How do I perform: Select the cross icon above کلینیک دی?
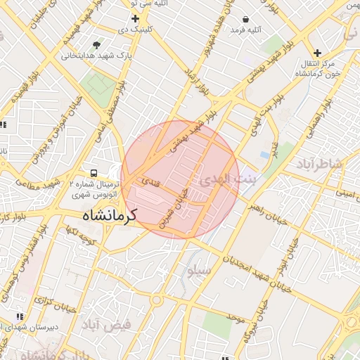(x=135, y=18)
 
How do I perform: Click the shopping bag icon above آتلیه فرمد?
(x=245, y=19)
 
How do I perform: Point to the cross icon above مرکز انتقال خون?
(x=319, y=53)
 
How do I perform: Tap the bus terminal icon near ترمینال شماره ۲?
(x=93, y=172)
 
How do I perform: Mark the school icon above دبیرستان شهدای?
(x=20, y=317)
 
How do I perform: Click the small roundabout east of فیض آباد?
(x=155, y=300)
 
